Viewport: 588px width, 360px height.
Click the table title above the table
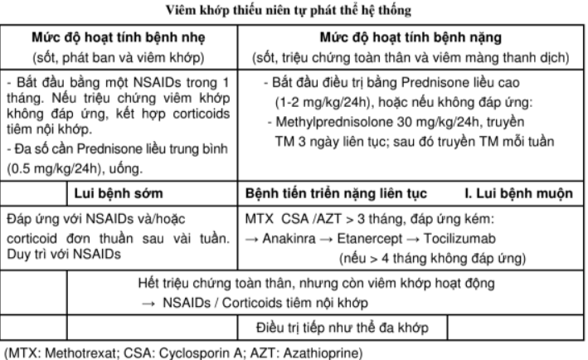tap(294, 10)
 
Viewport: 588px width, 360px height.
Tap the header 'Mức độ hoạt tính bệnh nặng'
tap(412, 39)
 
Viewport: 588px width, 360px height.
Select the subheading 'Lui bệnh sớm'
tap(115, 193)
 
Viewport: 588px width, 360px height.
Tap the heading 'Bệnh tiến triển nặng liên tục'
tap(337, 193)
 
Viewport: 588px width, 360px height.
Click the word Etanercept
tap(366, 239)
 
